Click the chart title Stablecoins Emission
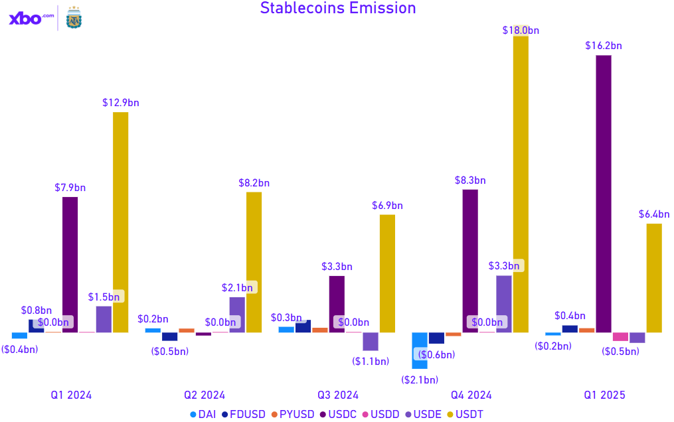coord(338,9)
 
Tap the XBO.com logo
coord(31,19)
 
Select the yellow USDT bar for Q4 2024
coord(521,182)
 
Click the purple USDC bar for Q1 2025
coord(604,193)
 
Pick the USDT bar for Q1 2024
coord(120,222)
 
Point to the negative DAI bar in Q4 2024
coord(420,350)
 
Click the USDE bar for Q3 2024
coord(371,341)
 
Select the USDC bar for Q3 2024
coord(337,303)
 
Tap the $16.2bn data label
coord(604,46)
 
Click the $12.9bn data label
coord(121,103)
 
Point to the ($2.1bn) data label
coord(420,380)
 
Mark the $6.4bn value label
coord(654,214)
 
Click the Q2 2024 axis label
coord(205,395)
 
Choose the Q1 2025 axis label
coord(605,395)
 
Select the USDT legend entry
coord(465,414)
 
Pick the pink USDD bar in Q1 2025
coord(620,336)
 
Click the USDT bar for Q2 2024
coord(254,261)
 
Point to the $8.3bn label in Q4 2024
coord(470,180)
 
